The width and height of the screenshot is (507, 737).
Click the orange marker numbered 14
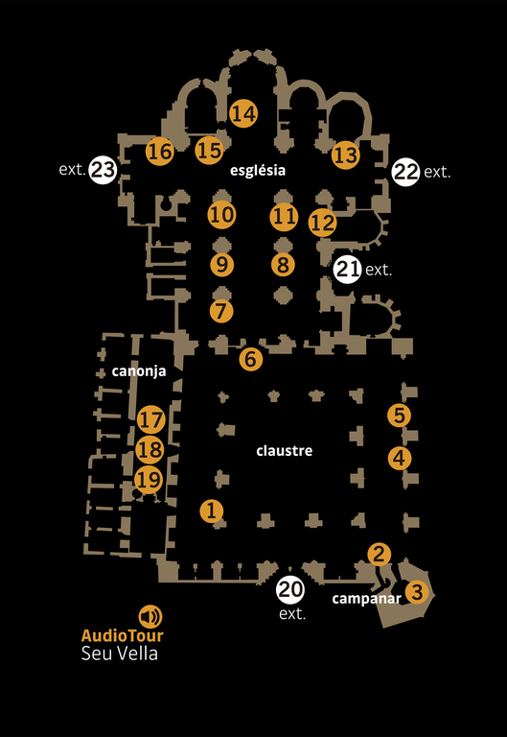(243, 113)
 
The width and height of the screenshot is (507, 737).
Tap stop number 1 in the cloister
(212, 511)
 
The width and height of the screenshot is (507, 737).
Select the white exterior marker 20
(290, 589)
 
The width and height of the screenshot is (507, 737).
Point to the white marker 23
(103, 169)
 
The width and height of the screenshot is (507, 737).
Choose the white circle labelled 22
(405, 172)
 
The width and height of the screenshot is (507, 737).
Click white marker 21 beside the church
(348, 270)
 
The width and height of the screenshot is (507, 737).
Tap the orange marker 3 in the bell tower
(417, 592)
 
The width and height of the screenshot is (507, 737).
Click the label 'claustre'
(285, 451)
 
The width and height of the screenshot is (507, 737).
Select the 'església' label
(258, 170)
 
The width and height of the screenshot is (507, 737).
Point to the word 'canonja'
(139, 371)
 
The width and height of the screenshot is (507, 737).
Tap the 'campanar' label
(367, 599)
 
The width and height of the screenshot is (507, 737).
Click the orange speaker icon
(150, 617)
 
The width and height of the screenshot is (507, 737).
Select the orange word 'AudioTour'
(123, 635)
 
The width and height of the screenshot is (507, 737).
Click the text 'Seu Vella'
(119, 654)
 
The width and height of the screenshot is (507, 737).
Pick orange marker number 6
(251, 359)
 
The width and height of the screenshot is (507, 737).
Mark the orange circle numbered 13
(346, 155)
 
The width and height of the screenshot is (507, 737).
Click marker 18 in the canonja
(150, 450)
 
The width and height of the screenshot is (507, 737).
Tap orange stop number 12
(323, 223)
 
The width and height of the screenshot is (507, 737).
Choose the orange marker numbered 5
(399, 416)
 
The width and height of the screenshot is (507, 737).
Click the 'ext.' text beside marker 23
(72, 169)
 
